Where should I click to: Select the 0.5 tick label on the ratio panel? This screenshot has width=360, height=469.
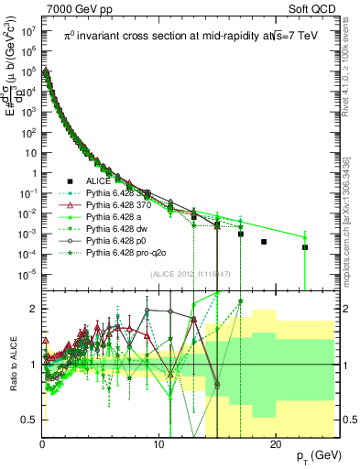pyautogui.click(x=27, y=420)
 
